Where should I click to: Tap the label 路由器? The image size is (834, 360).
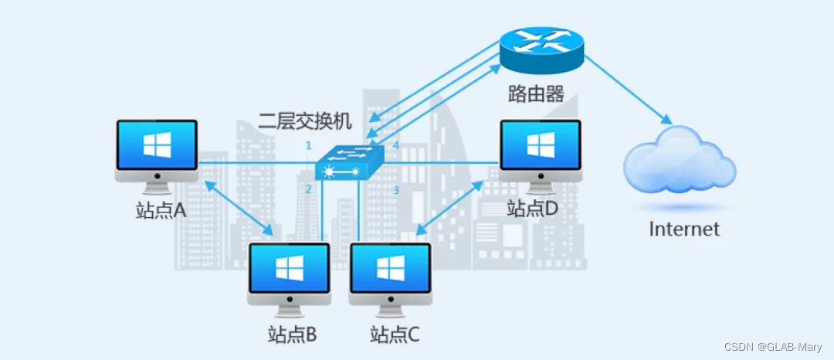536,94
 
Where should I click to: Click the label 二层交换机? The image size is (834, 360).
305,121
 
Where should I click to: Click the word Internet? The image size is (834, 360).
684,229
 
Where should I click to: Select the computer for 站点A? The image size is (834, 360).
156,151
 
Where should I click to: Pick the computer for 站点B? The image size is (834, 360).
289,273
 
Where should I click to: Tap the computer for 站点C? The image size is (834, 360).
389,273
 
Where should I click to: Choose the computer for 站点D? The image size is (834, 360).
541,151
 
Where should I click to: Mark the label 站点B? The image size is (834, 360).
290,335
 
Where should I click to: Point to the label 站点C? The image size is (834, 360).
395,335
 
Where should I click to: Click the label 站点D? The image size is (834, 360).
532,208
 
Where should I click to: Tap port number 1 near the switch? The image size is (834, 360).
308,146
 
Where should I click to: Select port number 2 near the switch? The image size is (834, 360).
308,189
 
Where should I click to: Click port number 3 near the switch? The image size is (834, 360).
395,190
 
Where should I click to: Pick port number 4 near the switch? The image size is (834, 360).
396,146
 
